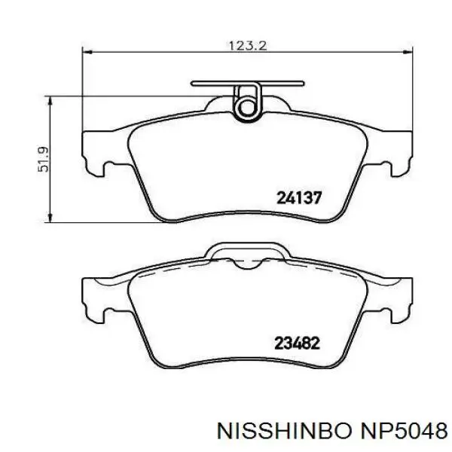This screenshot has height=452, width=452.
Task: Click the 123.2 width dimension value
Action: point(248,46)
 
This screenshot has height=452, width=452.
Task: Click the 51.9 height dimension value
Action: point(44,160)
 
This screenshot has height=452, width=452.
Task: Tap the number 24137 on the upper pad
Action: point(299,198)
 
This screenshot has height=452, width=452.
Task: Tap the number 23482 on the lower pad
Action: point(298,343)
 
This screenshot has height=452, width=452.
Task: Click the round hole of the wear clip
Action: point(247,108)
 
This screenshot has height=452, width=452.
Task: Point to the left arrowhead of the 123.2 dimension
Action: point(87,52)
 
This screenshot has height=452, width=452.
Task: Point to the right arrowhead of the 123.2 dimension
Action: point(408,52)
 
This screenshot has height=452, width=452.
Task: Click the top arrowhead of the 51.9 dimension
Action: point(50,101)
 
